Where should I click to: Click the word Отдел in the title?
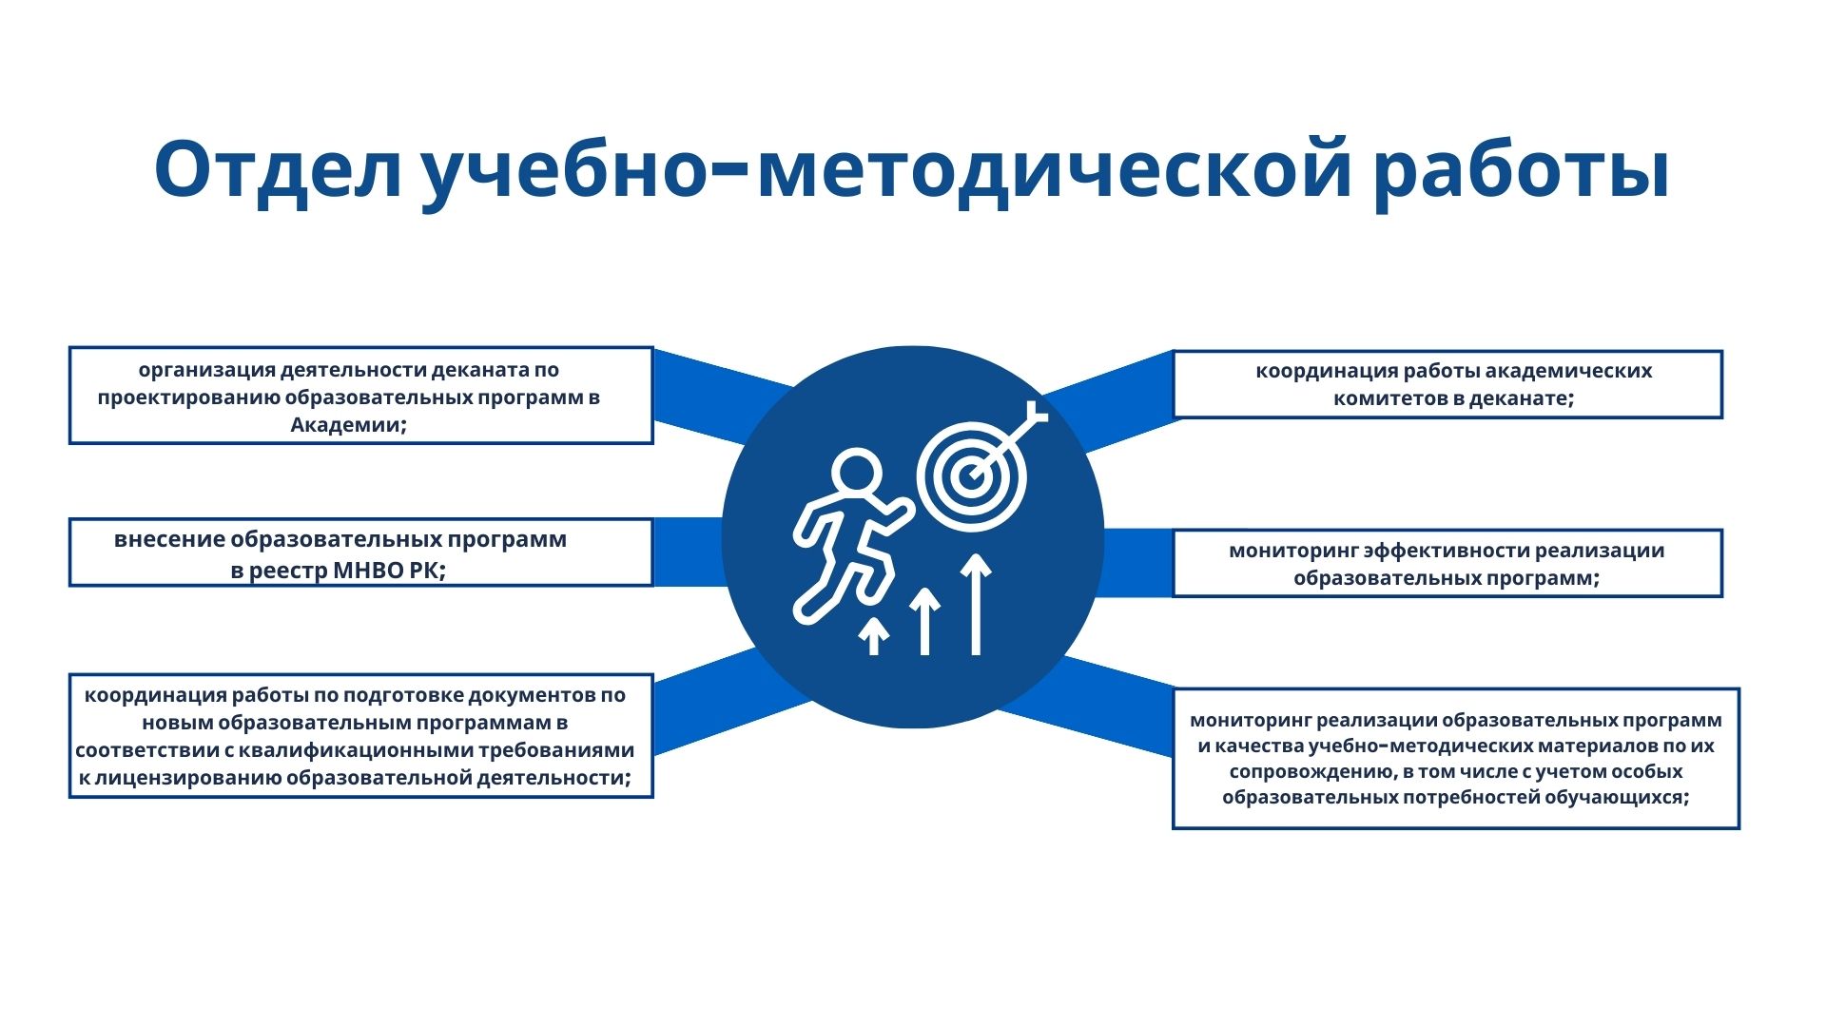279,170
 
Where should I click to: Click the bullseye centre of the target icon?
970,475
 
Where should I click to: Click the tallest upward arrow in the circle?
976,604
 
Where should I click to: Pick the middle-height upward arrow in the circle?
925,621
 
